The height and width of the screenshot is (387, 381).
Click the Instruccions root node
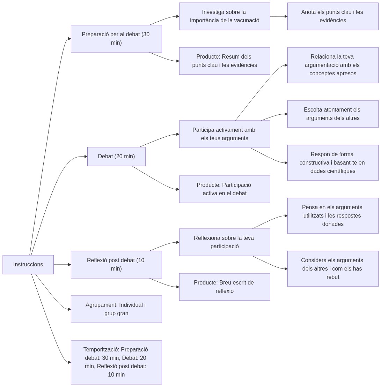[28, 264]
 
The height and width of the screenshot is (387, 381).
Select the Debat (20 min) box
[116, 156]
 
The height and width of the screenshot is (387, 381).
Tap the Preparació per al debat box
[116, 38]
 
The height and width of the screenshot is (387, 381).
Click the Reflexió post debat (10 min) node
[116, 264]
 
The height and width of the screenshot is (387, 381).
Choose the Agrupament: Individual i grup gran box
[116, 309]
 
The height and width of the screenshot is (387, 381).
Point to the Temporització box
[116, 362]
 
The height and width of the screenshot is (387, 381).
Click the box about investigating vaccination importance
[225, 16]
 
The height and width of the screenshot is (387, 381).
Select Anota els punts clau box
[332, 16]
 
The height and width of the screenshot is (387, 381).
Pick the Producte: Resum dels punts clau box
[225, 61]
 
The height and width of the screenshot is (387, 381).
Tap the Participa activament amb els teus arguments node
[225, 134]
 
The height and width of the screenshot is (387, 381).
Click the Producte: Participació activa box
[225, 189]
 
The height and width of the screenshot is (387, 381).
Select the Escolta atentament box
[332, 114]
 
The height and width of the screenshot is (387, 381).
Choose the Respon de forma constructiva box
[332, 162]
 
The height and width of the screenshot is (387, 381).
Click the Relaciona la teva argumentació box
[332, 65]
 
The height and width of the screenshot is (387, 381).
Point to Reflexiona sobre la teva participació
[225, 242]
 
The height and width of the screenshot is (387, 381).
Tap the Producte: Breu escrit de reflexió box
[225, 287]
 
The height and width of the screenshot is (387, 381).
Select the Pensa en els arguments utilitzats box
[332, 215]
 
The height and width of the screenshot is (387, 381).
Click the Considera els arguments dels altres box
[332, 268]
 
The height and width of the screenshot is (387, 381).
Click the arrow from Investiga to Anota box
[279, 16]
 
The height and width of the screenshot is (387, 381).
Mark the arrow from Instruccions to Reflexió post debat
[62, 265]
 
